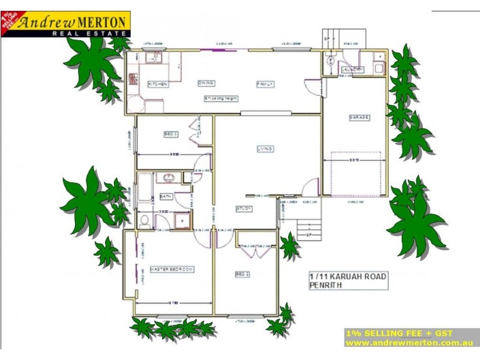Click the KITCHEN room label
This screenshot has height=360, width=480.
pyautogui.click(x=158, y=85)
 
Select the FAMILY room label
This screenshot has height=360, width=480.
pyautogui.click(x=265, y=84)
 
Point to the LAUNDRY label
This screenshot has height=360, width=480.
pyautogui.click(x=352, y=70)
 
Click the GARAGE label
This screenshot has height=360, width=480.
pyautogui.click(x=359, y=118)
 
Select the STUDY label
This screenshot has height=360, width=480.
pyautogui.click(x=243, y=209)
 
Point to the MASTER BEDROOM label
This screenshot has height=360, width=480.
pyautogui.click(x=172, y=269)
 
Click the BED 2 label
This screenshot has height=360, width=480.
pyautogui.click(x=241, y=274)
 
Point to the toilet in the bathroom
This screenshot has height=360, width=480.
pyautogui.click(x=144, y=220)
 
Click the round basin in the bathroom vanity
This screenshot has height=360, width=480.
pyautogui.click(x=169, y=178)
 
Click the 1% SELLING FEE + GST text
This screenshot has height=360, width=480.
pyautogui.click(x=398, y=333)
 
